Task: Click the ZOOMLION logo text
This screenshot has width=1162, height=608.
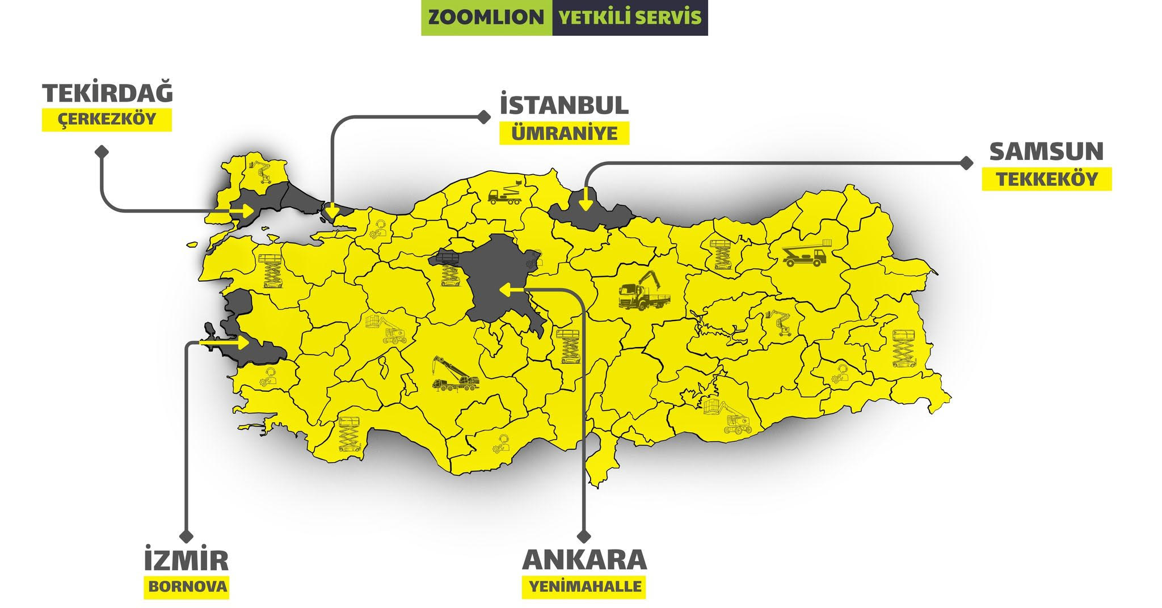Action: [486, 18]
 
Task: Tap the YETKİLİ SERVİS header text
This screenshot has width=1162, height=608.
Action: [630, 18]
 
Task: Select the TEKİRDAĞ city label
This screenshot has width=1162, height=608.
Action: [108, 94]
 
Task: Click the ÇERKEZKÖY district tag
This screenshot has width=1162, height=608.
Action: [107, 120]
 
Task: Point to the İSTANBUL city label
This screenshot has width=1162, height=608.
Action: [564, 105]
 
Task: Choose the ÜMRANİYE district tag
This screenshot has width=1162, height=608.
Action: [564, 134]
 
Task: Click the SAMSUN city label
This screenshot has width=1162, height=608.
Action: [1046, 151]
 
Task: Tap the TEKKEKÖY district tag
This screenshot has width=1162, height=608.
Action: [1047, 179]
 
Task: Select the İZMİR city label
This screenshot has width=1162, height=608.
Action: [186, 560]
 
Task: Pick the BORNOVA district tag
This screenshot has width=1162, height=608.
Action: [187, 586]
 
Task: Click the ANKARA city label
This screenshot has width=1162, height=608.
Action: [584, 560]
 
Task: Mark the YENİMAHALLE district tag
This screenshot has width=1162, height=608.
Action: [584, 586]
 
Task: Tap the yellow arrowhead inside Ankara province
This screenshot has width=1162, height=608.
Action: [504, 290]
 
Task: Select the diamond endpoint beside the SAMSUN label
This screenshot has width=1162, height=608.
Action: [966, 163]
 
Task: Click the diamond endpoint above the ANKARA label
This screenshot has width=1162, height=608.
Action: [584, 535]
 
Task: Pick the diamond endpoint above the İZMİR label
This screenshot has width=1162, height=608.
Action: [186, 535]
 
